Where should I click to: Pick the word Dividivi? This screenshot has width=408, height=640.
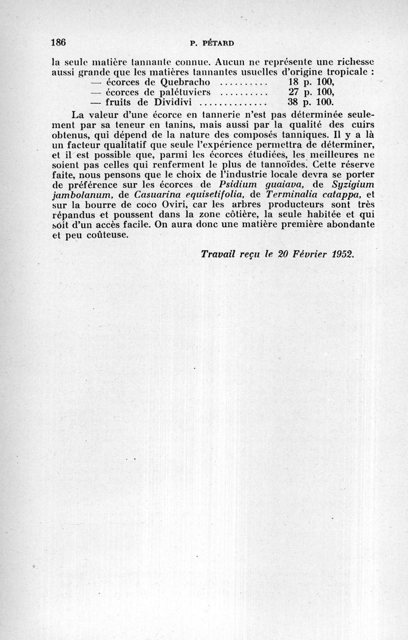[169, 102]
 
